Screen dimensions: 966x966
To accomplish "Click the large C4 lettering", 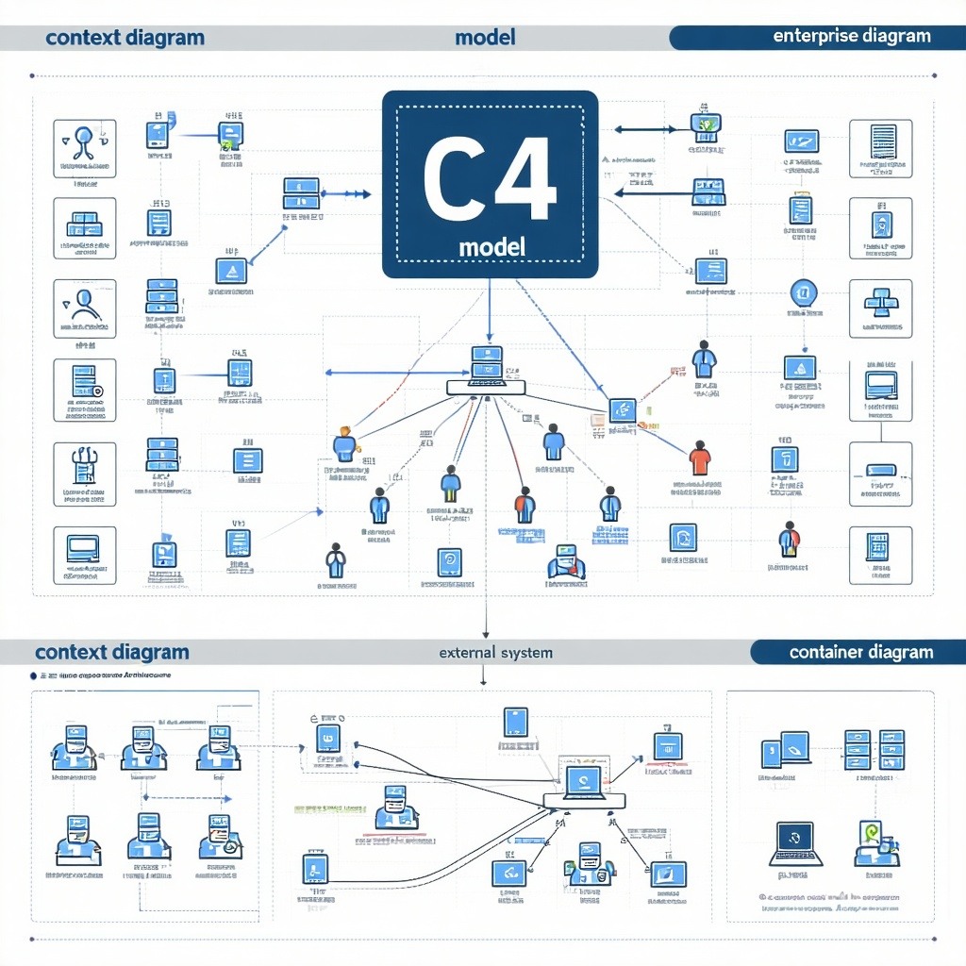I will [490, 179].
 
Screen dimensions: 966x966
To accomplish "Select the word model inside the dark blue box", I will [491, 247].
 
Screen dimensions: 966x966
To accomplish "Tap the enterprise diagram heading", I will [851, 37].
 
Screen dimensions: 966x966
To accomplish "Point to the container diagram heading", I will [860, 652].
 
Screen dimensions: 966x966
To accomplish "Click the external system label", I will [495, 653].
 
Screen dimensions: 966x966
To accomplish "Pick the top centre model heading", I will [485, 38].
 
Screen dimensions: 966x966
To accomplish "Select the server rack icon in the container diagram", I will [874, 750].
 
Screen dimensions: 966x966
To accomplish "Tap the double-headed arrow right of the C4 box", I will [644, 130].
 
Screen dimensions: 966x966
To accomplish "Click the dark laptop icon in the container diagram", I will [795, 842].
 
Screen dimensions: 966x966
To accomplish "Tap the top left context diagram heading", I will [124, 38].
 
